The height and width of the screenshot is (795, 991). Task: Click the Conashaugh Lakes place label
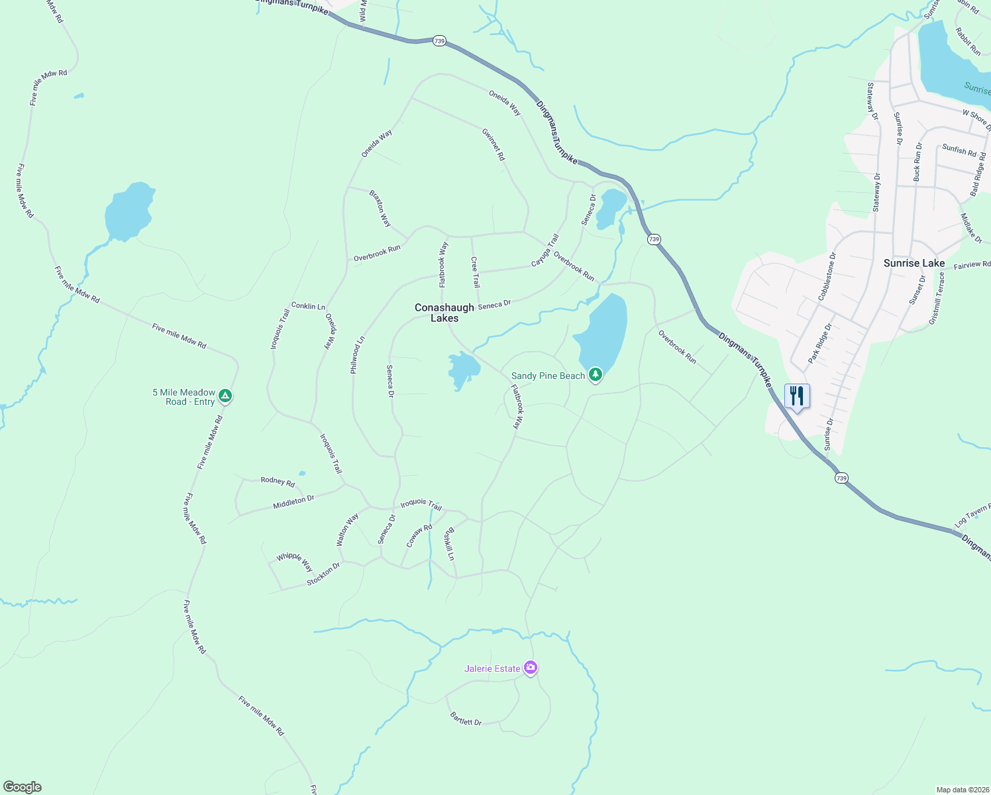[444, 313]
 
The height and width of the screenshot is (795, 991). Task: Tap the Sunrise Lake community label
[914, 263]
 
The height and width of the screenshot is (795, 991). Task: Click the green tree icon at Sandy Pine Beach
[596, 376]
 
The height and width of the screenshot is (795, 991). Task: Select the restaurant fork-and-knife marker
[797, 396]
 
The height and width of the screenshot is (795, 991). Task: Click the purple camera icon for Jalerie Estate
[530, 668]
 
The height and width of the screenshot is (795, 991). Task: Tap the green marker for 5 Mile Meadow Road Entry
[225, 396]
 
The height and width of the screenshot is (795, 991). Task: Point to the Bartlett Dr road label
[466, 718]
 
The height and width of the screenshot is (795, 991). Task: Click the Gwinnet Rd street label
[494, 145]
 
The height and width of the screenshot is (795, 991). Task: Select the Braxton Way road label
[380, 209]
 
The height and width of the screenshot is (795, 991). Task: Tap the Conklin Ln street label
[308, 306]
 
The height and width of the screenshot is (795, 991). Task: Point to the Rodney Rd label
[278, 481]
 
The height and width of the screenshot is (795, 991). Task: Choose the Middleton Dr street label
[293, 502]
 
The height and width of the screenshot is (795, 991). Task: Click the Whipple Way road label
[295, 562]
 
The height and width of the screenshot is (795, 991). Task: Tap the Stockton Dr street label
[323, 574]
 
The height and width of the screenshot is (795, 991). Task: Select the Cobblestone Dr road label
[827, 276]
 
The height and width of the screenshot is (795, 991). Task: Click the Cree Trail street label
[475, 272]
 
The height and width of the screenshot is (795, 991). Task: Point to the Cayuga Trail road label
[545, 250]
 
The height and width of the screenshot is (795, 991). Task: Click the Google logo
[23, 787]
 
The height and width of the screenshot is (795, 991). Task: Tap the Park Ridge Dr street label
[819, 343]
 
